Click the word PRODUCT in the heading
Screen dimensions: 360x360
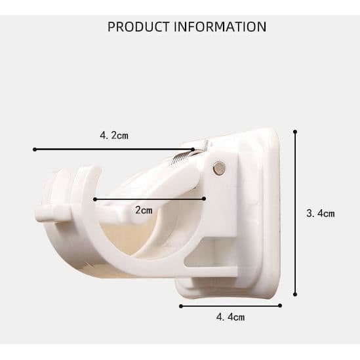[138, 27]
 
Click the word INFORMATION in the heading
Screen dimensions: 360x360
[220, 27]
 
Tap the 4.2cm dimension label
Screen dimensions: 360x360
[114, 136]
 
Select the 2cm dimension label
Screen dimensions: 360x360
[144, 210]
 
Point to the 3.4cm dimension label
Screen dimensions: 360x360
[321, 214]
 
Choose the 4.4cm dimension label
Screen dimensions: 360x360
[231, 317]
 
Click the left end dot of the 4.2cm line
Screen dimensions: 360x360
[35, 150]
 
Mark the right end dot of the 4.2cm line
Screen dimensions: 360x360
[193, 150]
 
